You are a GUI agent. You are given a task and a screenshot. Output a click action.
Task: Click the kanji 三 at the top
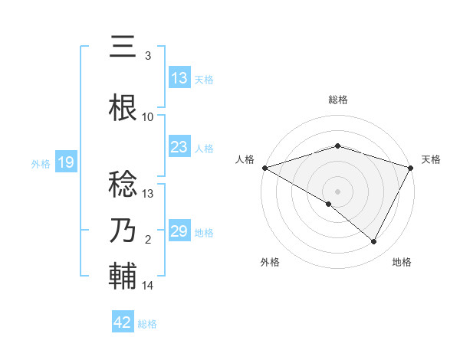click(123, 47)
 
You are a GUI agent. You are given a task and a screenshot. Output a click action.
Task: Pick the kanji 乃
click(123, 231)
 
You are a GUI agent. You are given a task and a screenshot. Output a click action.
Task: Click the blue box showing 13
click(179, 78)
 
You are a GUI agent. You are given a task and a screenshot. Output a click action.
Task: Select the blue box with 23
click(179, 147)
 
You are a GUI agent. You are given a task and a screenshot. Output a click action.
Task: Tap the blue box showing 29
click(179, 231)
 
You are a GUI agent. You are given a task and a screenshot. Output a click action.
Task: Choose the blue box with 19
click(65, 162)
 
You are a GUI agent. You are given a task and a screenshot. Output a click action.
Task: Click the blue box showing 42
click(123, 322)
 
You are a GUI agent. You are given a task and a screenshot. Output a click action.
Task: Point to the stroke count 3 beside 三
click(148, 56)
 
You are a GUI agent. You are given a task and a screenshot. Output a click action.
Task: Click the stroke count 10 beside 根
click(148, 116)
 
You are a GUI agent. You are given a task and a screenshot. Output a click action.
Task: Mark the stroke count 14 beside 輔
click(148, 286)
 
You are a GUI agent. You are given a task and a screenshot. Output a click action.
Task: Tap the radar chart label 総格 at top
click(337, 100)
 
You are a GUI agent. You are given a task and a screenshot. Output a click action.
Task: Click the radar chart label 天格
click(431, 159)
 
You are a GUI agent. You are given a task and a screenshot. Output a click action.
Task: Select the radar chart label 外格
click(270, 262)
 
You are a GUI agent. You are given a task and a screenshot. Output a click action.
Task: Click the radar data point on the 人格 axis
click(264, 167)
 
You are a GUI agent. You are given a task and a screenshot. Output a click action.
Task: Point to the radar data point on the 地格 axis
click(374, 242)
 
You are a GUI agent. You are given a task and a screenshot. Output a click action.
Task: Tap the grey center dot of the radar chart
click(337, 191)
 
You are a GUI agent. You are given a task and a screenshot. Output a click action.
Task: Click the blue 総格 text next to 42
click(147, 324)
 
